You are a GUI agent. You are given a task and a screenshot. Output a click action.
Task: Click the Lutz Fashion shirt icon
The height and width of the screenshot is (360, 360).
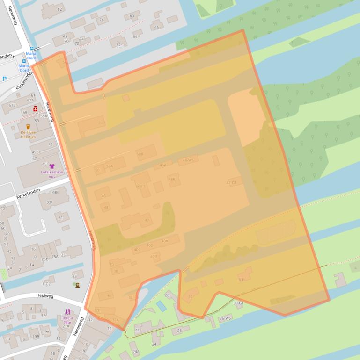51,166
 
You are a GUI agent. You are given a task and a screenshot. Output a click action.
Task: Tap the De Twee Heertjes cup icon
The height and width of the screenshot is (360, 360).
28,126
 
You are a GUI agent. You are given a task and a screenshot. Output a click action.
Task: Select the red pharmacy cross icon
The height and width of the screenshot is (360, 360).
35,108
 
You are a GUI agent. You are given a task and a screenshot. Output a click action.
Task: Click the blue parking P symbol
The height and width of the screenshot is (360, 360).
4,79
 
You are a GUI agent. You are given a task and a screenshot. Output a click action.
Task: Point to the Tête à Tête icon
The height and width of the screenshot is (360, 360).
67,312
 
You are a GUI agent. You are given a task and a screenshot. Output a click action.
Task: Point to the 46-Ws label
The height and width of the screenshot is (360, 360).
188,160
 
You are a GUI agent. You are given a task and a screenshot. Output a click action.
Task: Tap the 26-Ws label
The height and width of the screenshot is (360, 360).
226,318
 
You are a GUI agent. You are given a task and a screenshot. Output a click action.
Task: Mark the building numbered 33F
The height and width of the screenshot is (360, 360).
49,202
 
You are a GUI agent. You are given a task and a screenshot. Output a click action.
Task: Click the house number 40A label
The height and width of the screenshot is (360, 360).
164,241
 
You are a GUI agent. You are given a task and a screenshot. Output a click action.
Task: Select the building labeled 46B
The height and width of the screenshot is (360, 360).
173,179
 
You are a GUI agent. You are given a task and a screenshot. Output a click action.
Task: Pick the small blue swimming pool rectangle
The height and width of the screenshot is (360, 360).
161,306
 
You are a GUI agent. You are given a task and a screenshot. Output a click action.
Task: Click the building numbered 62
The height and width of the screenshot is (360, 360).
118,43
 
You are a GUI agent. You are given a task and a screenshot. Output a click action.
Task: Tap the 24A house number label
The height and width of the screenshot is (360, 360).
136,351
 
